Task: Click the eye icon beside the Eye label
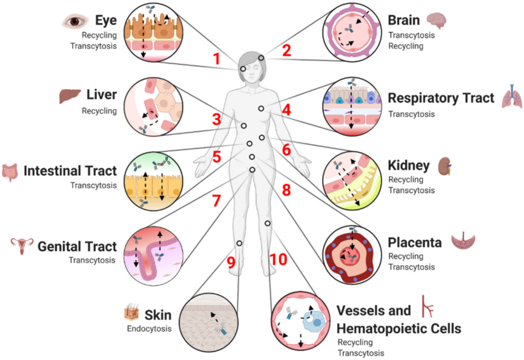click(x=75, y=22)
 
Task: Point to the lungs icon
click(x=512, y=97)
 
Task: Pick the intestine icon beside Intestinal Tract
click(x=10, y=172)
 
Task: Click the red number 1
click(x=216, y=58)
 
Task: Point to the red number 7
click(x=215, y=200)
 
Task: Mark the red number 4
click(x=286, y=110)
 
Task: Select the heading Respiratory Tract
click(x=441, y=98)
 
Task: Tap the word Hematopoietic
click(x=399, y=328)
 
